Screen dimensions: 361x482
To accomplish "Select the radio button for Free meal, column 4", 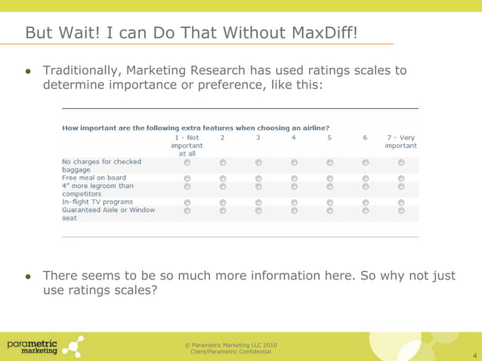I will point(294,177).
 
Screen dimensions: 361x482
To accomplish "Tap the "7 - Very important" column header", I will point(400,141).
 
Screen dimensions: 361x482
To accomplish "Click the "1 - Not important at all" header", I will point(187,145).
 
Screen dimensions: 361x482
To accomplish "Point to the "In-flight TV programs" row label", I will point(97,202).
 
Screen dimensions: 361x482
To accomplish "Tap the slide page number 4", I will point(474,353).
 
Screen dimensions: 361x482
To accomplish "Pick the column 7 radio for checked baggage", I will point(401,162).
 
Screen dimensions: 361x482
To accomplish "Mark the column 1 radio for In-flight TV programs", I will point(187,202).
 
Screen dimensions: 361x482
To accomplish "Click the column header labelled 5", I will point(329,137).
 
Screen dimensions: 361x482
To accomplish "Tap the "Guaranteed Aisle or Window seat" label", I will point(108,214).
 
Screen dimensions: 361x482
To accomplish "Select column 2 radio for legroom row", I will point(223,186).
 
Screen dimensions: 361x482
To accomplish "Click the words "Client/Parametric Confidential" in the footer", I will point(230,353).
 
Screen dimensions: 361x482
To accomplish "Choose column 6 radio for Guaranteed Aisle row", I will point(365,210).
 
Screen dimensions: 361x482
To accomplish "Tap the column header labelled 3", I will point(258,137).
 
